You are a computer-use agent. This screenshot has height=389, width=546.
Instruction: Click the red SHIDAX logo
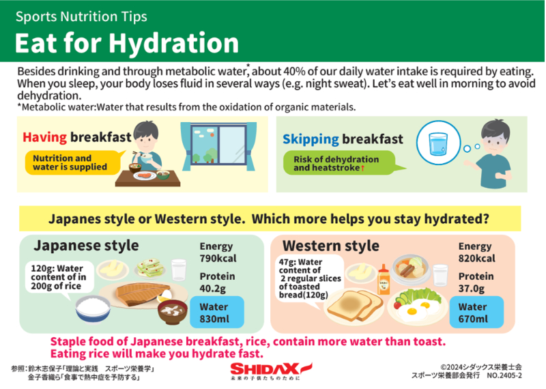[271, 369]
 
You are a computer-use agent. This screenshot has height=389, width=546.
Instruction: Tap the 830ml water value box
[217, 313]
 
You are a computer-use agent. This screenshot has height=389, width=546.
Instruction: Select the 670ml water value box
[476, 313]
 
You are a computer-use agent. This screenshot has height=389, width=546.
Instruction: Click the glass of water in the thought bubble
[438, 144]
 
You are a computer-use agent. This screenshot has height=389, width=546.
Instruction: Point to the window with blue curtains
[218, 145]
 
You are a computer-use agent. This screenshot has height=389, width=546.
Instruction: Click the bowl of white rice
[93, 309]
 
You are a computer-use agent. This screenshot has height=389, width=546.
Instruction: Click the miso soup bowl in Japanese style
[173, 312]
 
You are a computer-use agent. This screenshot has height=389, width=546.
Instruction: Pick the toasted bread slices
[355, 305]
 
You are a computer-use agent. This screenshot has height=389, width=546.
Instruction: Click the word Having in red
[44, 137]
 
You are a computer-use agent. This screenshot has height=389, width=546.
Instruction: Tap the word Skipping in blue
[311, 139]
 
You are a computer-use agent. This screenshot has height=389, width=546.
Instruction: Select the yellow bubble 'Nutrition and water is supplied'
[72, 162]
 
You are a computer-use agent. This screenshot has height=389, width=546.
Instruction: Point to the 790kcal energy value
[218, 259]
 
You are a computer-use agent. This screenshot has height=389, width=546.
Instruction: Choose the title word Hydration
[174, 44]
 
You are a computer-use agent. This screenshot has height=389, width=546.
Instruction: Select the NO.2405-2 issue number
[504, 375]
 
